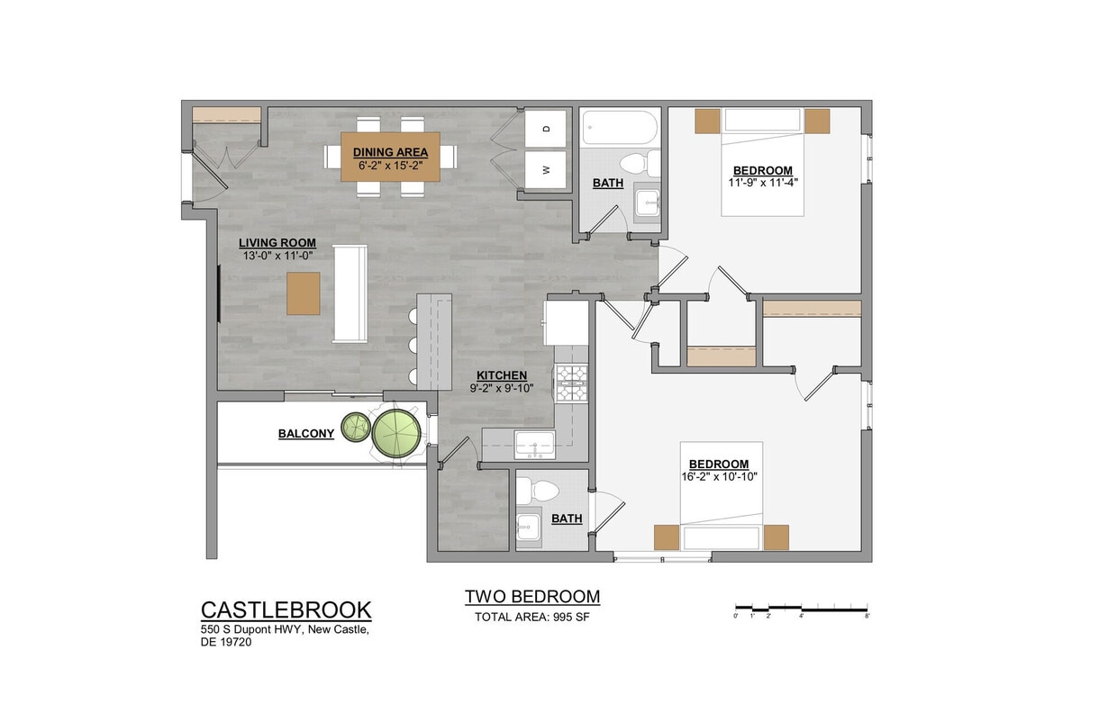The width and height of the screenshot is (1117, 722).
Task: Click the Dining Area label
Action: click(390, 152)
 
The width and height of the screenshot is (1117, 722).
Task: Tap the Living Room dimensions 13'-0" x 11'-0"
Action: click(277, 256)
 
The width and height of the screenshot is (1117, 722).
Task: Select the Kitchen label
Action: click(502, 375)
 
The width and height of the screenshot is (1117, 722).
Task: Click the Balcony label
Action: click(305, 434)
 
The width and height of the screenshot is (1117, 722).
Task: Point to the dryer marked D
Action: click(546, 129)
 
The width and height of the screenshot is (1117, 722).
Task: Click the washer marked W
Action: click(546, 169)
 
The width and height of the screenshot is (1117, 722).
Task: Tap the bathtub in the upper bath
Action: click(619, 127)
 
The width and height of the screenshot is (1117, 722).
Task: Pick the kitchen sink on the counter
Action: click(535, 443)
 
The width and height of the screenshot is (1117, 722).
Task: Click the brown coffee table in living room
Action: click(304, 293)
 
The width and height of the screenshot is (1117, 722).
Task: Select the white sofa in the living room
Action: click(350, 293)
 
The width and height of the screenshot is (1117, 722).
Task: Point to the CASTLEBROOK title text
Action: click(286, 609)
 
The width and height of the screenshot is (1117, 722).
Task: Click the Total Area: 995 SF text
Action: click(531, 618)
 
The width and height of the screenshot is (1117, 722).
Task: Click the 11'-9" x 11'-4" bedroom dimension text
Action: click(762, 182)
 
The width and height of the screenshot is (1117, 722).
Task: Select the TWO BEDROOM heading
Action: click(531, 597)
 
